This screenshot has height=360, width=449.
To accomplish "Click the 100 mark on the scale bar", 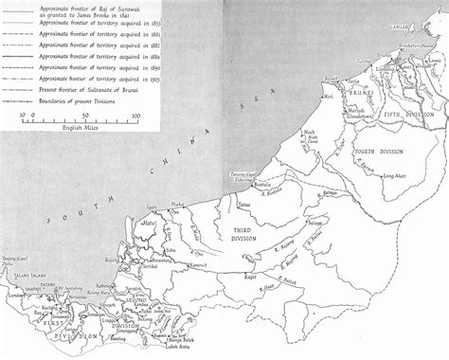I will point(135,116).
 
